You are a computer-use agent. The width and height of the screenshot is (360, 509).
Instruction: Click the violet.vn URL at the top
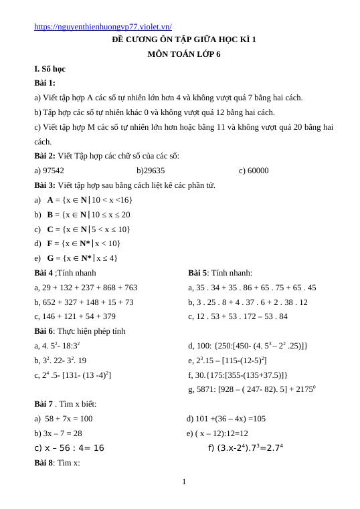pos(102,27)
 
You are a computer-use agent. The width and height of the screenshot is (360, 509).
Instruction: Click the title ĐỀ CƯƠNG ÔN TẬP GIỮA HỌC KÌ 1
pos(183,39)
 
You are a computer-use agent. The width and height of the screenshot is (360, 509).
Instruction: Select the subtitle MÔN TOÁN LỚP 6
pos(183,54)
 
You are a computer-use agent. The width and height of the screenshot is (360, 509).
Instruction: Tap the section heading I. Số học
pos(50,69)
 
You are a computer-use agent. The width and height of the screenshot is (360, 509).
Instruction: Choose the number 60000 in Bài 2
pos(258,171)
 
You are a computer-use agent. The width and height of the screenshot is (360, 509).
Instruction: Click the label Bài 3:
pos(45,185)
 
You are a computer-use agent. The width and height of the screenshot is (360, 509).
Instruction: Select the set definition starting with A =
pos(90,200)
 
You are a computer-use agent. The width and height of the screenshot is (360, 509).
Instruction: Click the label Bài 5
pos(197,273)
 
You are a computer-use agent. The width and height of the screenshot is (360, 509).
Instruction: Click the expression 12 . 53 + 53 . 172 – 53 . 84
pos(242,316)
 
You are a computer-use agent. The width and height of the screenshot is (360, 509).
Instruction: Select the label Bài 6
pos(45,331)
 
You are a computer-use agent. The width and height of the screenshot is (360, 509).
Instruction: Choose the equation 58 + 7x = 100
pos(69,419)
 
